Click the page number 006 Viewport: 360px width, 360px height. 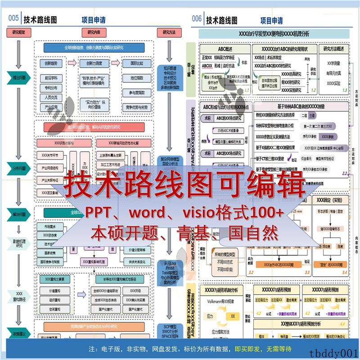tap(197, 19)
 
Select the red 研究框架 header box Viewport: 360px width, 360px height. tap(18, 32)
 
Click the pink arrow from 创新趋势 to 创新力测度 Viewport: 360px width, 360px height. tap(72, 63)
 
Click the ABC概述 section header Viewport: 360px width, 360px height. tap(222, 49)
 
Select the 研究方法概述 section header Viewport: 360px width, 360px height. tap(334, 49)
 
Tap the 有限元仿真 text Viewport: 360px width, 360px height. tap(333, 73)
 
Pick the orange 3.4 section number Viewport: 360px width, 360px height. tap(344, 272)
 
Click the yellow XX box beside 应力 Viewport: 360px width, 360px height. tap(233, 316)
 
